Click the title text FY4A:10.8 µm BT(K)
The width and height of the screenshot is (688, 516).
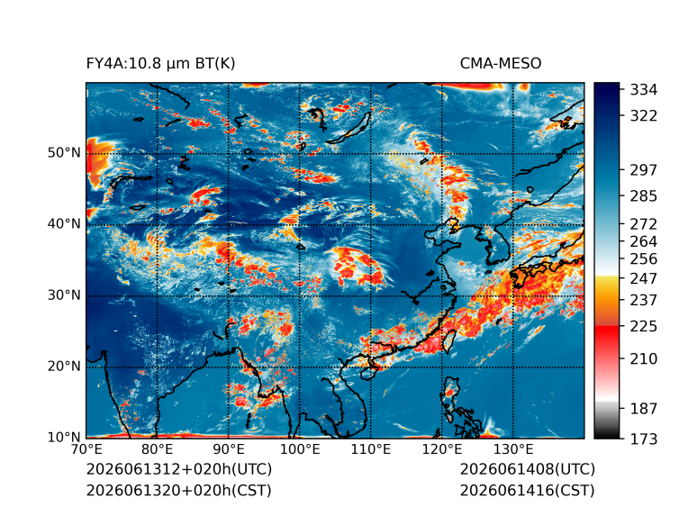[160, 64]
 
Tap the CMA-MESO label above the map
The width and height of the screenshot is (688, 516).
[501, 64]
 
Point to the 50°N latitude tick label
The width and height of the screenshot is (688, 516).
[64, 153]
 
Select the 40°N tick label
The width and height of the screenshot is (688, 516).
[64, 223]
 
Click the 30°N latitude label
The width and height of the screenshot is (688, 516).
[64, 294]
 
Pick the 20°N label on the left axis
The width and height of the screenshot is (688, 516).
[64, 366]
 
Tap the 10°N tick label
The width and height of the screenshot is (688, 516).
[64, 437]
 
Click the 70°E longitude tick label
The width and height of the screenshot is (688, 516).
[86, 449]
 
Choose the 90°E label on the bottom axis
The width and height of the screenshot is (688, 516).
[228, 449]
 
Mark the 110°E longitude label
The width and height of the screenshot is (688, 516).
[371, 449]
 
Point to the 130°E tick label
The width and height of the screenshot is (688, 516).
[513, 449]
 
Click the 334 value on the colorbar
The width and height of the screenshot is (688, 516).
[644, 90]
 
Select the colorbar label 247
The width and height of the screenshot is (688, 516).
[644, 278]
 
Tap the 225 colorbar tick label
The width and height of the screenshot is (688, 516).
[644, 327]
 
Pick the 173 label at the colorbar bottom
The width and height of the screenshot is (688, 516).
[644, 439]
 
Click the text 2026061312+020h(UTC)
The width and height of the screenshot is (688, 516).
[179, 469]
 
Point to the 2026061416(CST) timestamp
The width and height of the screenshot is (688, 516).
[528, 491]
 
